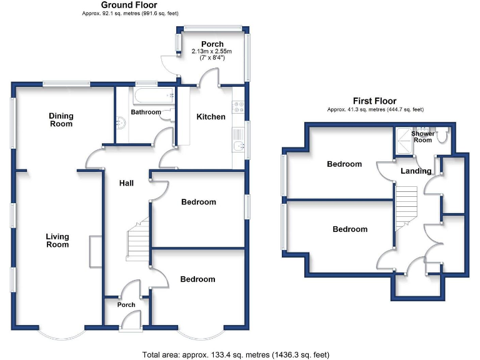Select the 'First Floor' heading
(374, 101)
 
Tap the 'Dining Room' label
(62, 119)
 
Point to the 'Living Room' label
(57, 241)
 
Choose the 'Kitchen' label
(211, 117)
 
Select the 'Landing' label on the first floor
(416, 171)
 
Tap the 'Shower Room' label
(422, 136)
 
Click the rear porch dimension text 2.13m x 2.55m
(211, 52)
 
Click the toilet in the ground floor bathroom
(166, 114)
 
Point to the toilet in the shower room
(442, 135)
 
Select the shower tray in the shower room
(403, 141)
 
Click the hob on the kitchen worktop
(237, 107)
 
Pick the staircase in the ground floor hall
(137, 241)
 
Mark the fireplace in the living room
(95, 251)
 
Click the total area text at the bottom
(236, 354)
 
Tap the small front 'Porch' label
(127, 305)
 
